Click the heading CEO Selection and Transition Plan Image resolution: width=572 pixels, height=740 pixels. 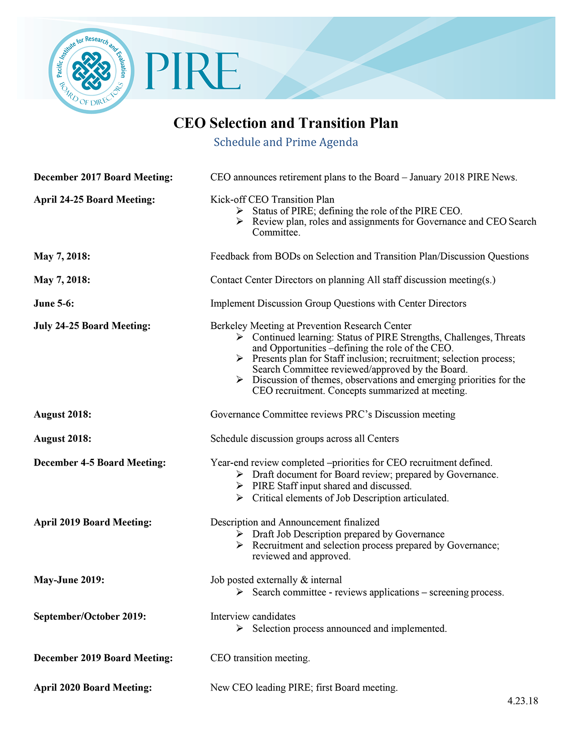(286, 123)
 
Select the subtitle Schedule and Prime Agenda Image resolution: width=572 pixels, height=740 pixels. (286, 142)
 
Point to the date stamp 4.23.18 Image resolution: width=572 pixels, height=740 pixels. (523, 701)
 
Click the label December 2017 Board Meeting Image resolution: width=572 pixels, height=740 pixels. (103, 178)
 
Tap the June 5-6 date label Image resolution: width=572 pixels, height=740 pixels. (54, 304)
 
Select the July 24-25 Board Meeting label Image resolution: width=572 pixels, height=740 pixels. (92, 326)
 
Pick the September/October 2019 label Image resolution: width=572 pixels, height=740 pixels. (90, 617)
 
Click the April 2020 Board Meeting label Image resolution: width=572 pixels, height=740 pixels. (92, 688)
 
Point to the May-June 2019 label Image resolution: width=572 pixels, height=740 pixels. (69, 580)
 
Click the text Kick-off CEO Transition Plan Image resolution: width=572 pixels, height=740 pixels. (272, 200)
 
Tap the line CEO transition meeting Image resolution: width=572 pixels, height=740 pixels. (260, 658)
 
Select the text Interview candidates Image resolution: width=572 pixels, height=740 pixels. (253, 617)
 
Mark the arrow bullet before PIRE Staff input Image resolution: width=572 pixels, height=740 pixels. (240, 486)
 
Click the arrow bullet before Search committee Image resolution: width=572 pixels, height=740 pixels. (240, 592)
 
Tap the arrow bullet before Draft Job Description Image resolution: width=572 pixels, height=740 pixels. (240, 534)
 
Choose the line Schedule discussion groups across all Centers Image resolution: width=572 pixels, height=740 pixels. (305, 439)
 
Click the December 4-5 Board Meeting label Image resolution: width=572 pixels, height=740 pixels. (100, 463)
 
